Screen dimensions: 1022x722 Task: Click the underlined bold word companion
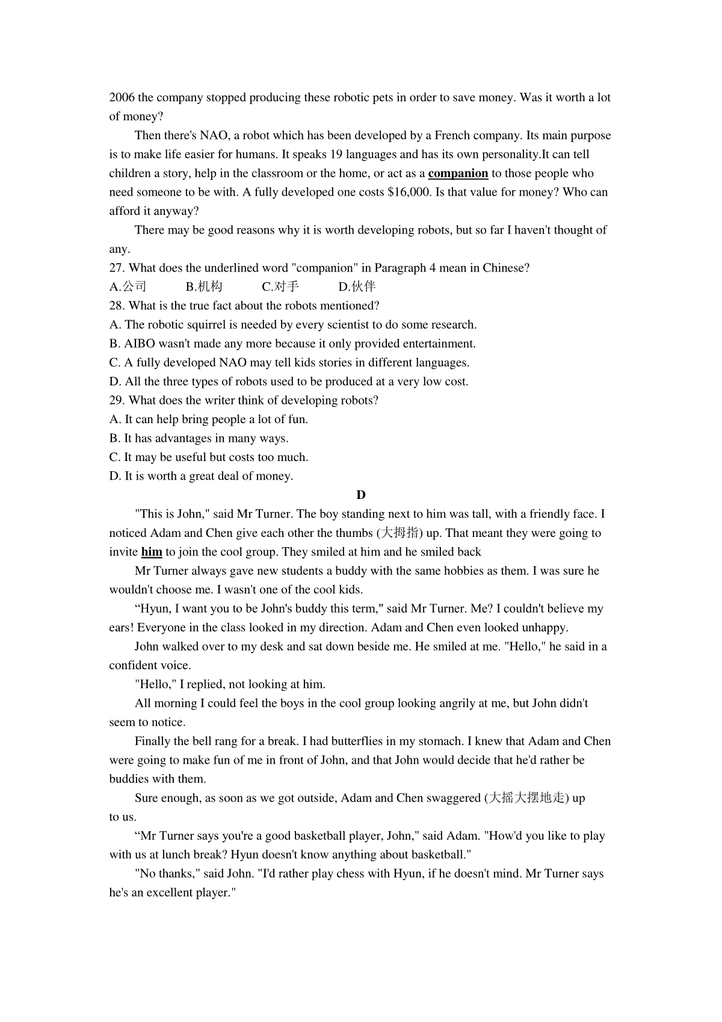click(x=458, y=173)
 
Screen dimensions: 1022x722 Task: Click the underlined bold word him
click(x=152, y=552)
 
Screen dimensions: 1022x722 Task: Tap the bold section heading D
click(x=361, y=495)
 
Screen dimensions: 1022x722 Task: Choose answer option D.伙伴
click(x=357, y=286)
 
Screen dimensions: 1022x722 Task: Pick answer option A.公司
click(x=128, y=286)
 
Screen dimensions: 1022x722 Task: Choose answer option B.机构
click(x=204, y=286)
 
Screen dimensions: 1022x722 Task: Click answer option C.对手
click(x=280, y=286)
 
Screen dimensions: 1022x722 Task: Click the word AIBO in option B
click(x=140, y=344)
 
